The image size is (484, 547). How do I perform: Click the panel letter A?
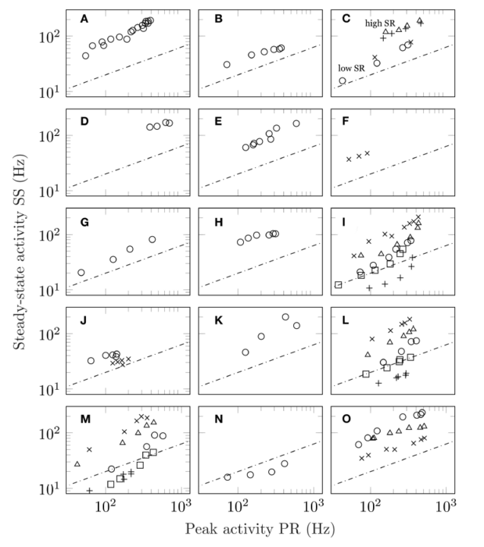(84, 18)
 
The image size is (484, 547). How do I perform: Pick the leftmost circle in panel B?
(227, 65)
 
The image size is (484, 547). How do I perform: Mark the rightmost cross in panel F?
(367, 153)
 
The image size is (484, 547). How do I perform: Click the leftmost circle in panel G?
(81, 272)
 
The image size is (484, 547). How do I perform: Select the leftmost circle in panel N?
(228, 477)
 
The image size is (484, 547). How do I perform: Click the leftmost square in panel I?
(339, 284)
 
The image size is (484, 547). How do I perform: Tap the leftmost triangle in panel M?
(77, 464)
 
